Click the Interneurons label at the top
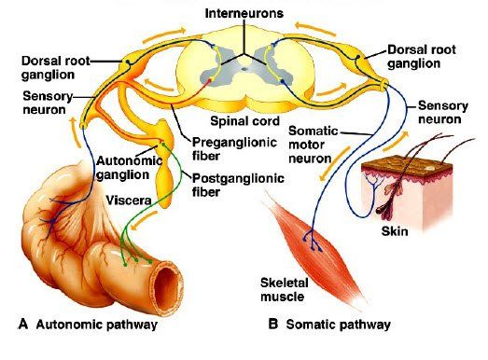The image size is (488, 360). [x=244, y=13]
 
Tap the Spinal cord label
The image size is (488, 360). [x=245, y=121]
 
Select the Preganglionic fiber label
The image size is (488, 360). [x=234, y=149]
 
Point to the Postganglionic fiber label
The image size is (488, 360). [x=238, y=185]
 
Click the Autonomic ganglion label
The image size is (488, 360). [x=129, y=168]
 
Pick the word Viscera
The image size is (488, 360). [x=129, y=201]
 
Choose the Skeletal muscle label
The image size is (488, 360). [x=283, y=289]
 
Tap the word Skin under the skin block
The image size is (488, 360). [x=395, y=231]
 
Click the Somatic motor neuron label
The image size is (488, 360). [x=314, y=145]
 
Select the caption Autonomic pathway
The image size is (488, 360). [x=97, y=325]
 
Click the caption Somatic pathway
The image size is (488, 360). [x=339, y=325]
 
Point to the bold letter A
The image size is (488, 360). [x=23, y=324]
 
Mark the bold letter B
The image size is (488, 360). [x=273, y=324]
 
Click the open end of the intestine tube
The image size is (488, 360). [x=166, y=288]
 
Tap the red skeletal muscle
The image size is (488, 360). [x=314, y=249]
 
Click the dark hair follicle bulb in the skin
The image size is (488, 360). [x=381, y=210]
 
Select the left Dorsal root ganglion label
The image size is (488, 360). [x=55, y=67]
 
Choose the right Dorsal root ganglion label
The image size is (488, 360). [x=422, y=57]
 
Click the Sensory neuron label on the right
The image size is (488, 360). [x=442, y=112]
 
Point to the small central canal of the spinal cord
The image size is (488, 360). [x=244, y=69]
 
